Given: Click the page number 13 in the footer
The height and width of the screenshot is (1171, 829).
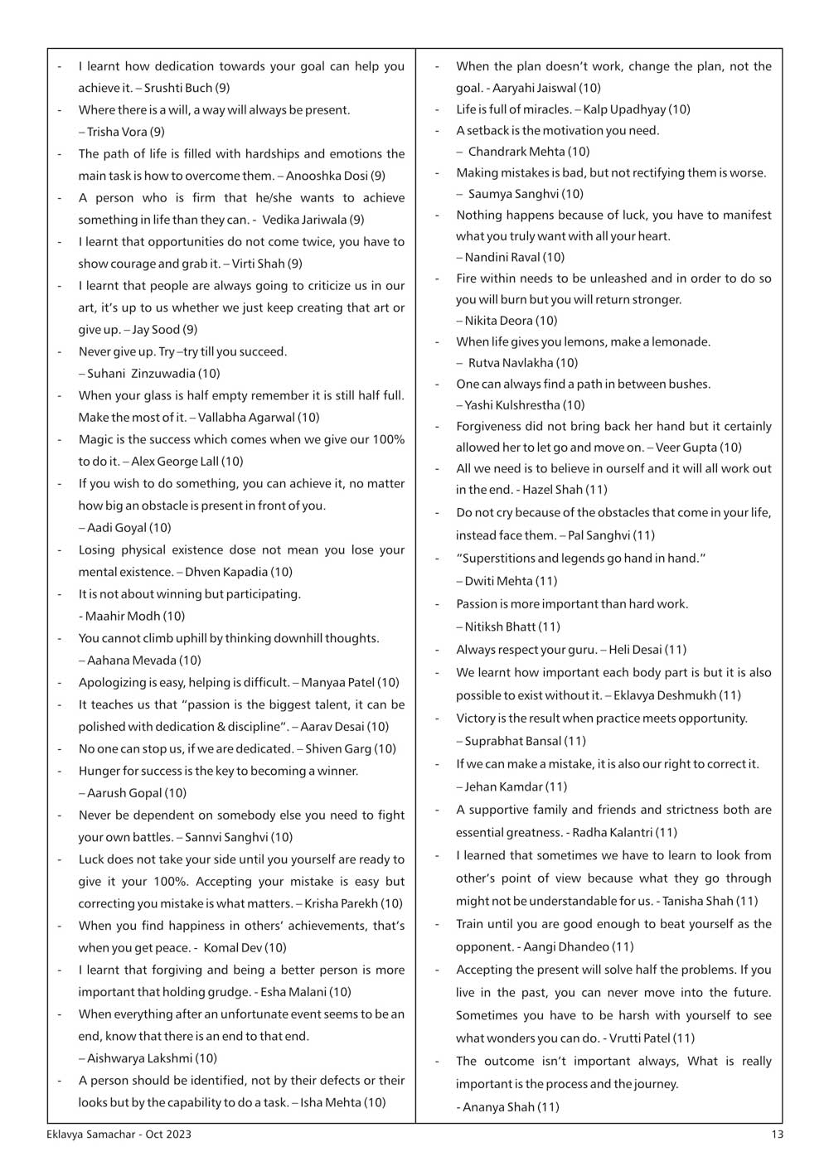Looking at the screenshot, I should pyautogui.click(x=776, y=1135).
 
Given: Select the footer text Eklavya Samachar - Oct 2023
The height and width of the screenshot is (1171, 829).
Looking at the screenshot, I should pyautogui.click(x=119, y=1135).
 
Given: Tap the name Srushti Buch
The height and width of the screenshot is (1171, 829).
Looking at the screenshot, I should pyautogui.click(x=178, y=88).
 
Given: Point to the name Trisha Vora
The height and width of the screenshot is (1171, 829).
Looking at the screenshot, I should pyautogui.click(x=117, y=132).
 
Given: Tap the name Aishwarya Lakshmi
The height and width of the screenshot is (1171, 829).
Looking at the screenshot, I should pyautogui.click(x=139, y=1058).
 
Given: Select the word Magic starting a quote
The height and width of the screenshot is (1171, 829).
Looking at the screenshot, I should pyautogui.click(x=95, y=439).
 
